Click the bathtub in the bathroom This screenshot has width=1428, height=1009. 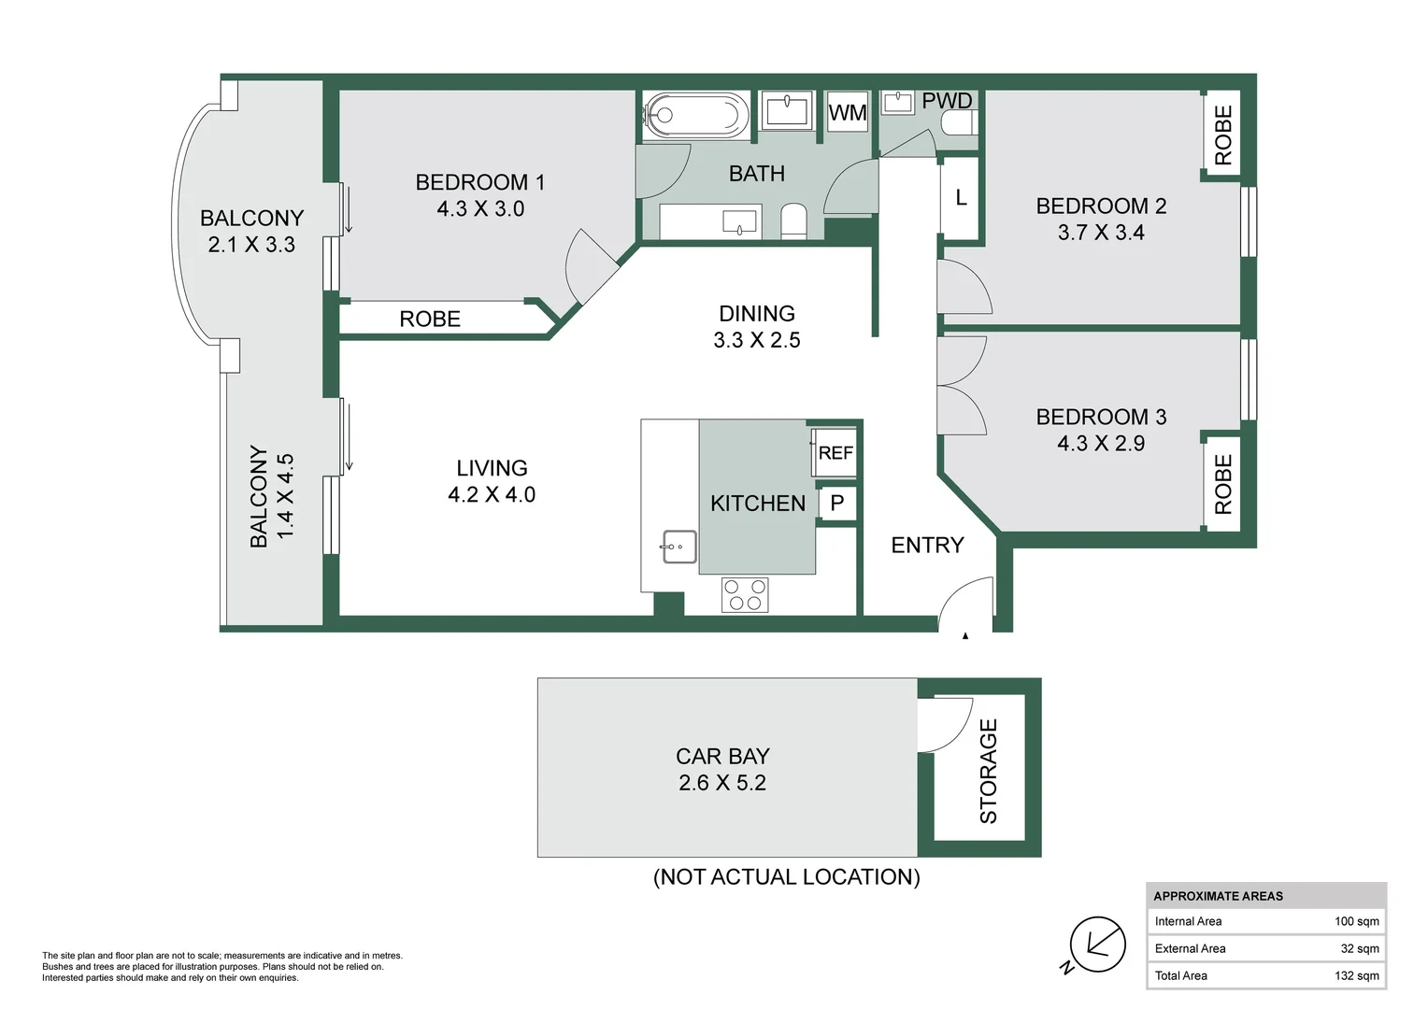click(697, 115)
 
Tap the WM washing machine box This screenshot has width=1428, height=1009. click(848, 111)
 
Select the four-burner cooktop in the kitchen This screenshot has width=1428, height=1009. click(745, 595)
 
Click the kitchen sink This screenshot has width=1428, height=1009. click(679, 547)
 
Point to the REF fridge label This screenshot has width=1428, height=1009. click(835, 453)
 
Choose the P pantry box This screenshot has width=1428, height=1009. click(837, 503)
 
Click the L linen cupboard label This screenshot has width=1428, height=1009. click(961, 197)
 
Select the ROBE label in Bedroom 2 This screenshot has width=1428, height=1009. click(1222, 135)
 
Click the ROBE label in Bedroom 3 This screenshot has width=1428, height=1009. click(1222, 485)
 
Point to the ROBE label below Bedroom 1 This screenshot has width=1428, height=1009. click(430, 319)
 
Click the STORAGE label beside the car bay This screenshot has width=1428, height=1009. click(988, 772)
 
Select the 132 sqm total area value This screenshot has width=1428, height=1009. click(1357, 975)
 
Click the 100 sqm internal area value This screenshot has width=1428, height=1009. click(1357, 921)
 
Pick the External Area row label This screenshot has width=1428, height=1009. click(1191, 948)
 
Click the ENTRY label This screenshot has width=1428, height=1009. click(927, 545)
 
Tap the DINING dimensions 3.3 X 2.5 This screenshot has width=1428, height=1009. click(757, 340)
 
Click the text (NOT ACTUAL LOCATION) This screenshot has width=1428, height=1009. click(787, 877)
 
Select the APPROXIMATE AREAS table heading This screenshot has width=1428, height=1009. click(1219, 896)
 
